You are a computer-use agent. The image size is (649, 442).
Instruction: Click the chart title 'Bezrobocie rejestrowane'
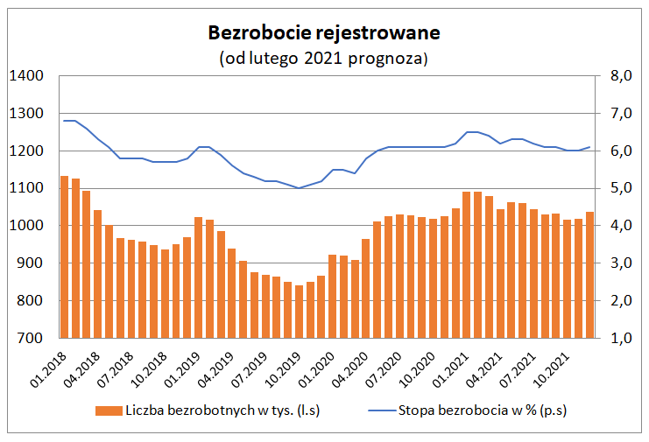[323, 33]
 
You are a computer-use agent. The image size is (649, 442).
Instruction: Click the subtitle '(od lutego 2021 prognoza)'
[323, 59]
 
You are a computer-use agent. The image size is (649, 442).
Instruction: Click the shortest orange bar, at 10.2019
[299, 312]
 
